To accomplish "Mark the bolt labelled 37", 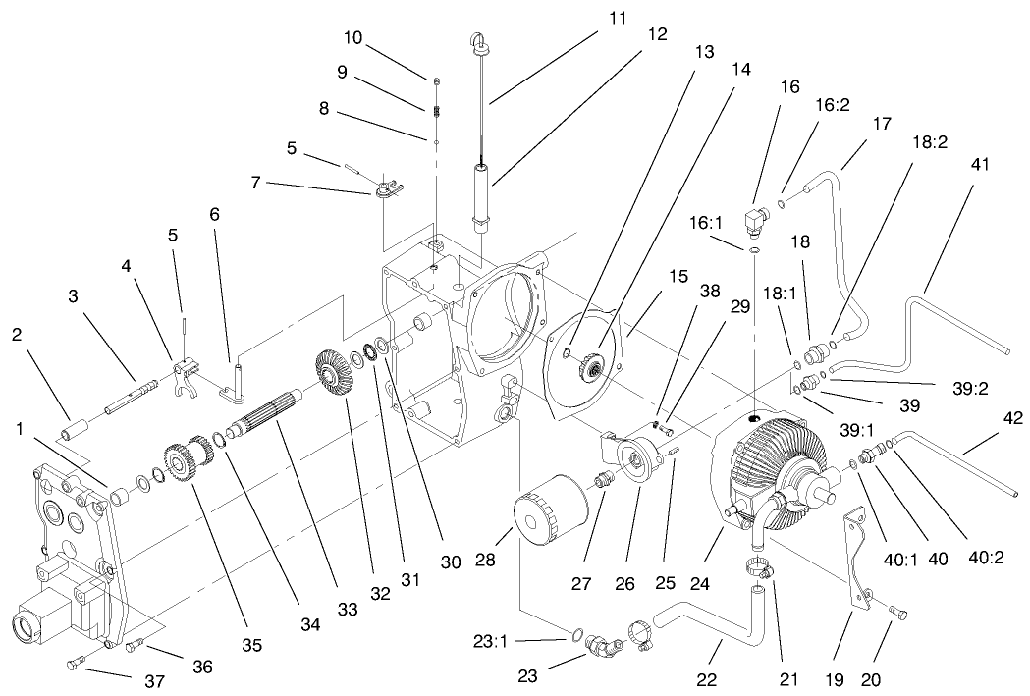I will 77,665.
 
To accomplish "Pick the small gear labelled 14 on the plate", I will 591,369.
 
